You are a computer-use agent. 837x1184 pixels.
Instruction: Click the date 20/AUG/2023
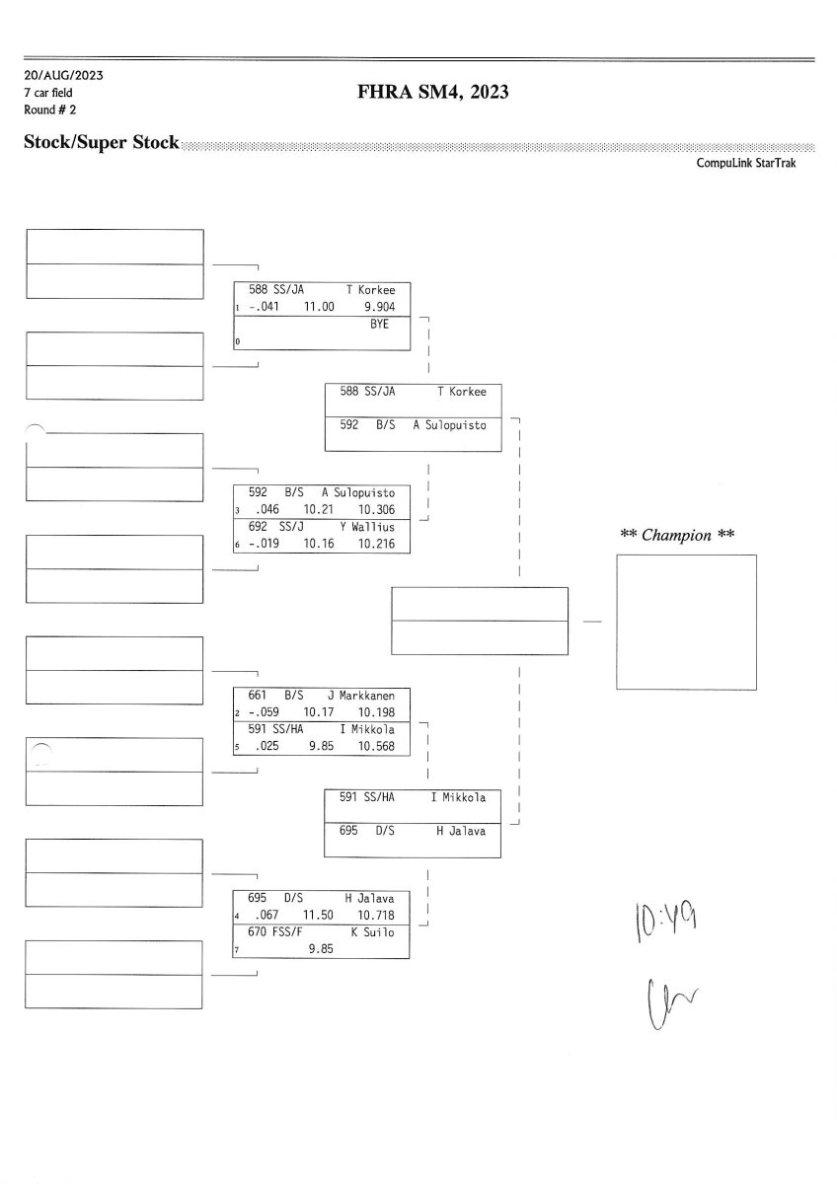(63, 76)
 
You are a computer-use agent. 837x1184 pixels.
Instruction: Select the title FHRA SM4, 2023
(433, 92)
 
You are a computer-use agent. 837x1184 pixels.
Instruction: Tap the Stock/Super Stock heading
(102, 142)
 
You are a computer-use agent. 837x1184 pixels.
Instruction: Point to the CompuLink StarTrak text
(745, 163)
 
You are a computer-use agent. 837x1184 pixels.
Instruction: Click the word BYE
(379, 324)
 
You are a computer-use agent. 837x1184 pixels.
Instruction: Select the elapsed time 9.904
(379, 307)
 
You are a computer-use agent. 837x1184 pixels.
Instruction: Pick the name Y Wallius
(367, 527)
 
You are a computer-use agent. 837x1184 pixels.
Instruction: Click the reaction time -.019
(264, 544)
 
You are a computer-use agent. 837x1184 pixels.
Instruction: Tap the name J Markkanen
(361, 696)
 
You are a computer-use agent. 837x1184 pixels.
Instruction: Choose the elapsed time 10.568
(376, 746)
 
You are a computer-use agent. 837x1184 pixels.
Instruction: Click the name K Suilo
(372, 931)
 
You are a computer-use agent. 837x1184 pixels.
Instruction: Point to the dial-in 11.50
(318, 915)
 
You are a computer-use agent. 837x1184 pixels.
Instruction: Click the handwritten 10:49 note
(665, 922)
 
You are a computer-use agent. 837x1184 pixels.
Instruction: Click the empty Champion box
(686, 623)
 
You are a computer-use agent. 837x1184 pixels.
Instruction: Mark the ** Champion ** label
(677, 535)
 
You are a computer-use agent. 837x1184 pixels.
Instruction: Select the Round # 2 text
(49, 110)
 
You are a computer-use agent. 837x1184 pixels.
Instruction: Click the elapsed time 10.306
(376, 509)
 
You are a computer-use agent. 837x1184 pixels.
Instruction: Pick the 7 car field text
(48, 93)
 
